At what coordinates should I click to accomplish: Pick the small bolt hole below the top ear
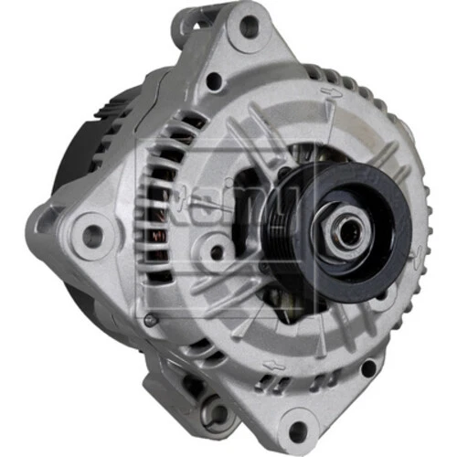pos(214,81)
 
